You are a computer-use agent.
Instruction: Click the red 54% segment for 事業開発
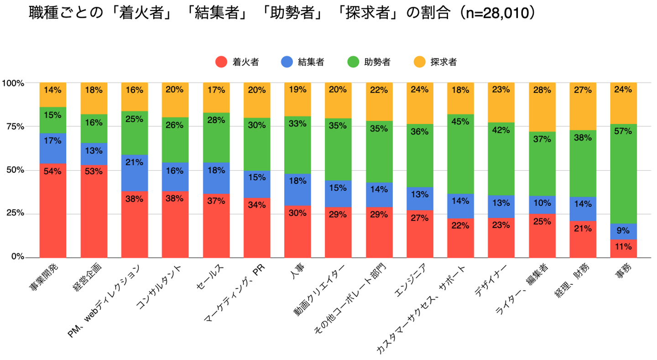[52, 210]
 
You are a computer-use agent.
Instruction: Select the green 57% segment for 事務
[624, 174]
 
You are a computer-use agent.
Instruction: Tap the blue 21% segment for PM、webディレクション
[134, 173]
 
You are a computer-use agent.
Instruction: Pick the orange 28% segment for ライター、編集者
[542, 107]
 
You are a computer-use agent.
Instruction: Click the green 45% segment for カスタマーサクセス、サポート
[461, 154]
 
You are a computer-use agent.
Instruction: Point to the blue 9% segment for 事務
[624, 231]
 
